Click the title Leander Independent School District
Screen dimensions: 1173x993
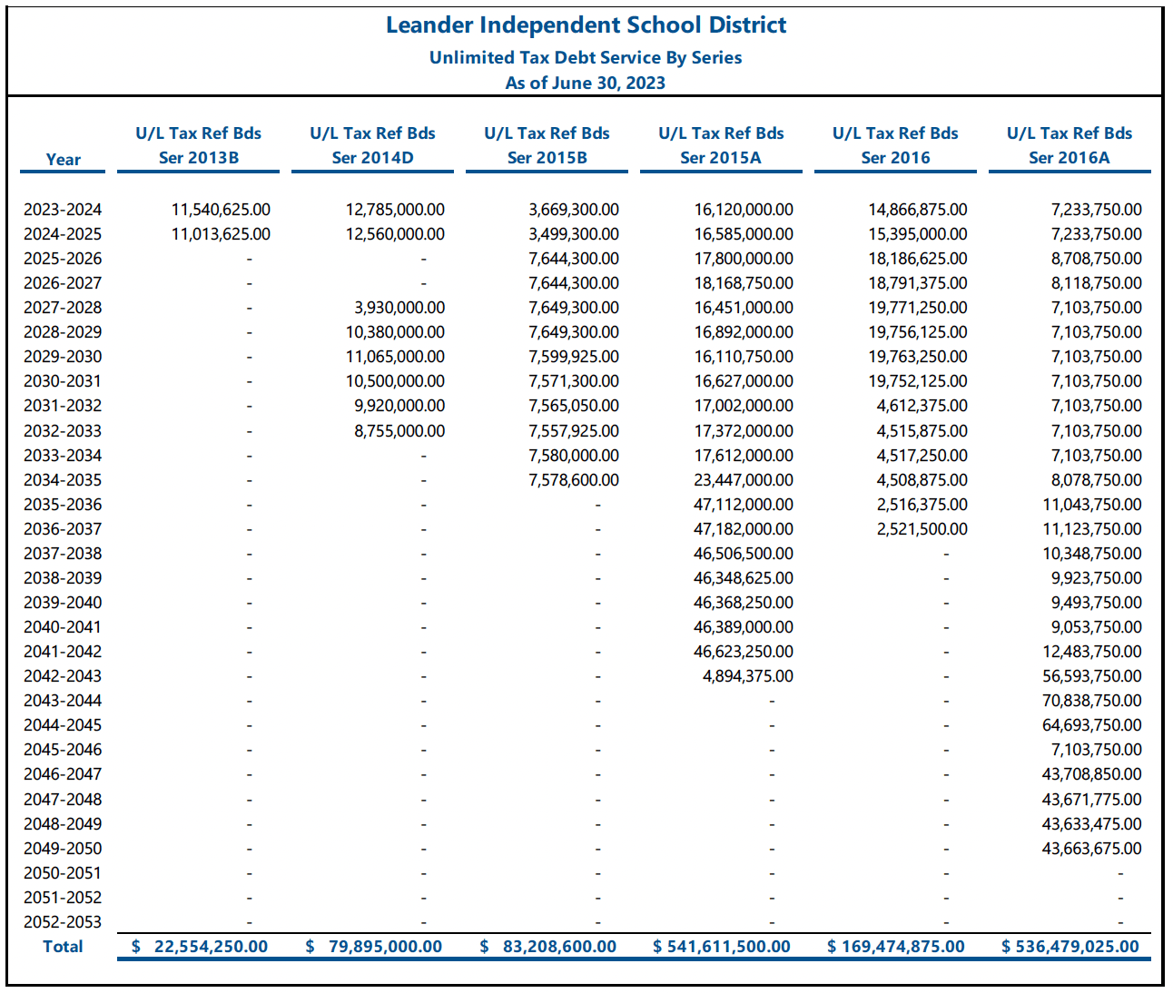(586, 25)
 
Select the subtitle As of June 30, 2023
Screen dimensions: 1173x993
(586, 83)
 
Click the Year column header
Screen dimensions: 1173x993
(63, 160)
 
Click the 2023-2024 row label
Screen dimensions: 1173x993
(63, 210)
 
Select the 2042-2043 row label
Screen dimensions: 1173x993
(63, 676)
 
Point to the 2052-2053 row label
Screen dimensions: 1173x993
(63, 922)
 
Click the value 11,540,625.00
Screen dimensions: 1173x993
(221, 210)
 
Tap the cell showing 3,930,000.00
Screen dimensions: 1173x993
(399, 308)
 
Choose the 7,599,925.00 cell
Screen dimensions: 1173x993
(574, 357)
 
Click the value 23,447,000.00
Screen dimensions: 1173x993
(744, 480)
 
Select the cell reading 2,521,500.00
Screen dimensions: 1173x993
(922, 529)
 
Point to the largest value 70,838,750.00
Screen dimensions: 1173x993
(1092, 701)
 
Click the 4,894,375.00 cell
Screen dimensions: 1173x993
(748, 676)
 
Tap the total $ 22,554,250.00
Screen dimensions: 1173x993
(200, 947)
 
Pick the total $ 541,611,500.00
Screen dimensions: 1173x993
(722, 947)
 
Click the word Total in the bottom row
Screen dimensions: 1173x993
(63, 947)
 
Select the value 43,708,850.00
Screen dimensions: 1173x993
(1092, 774)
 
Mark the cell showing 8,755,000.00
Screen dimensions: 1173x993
(399, 431)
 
